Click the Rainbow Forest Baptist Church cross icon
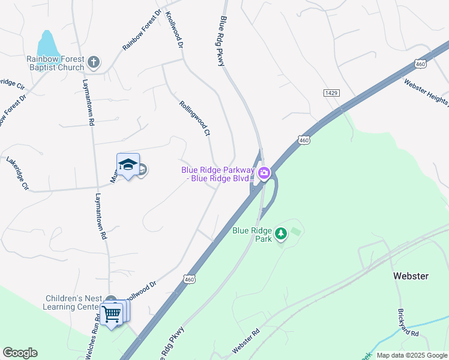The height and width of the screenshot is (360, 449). pyautogui.click(x=93, y=61)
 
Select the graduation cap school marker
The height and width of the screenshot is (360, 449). pyautogui.click(x=128, y=165)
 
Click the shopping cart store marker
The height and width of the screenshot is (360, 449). pyautogui.click(x=112, y=314)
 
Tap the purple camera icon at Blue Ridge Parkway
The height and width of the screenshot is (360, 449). pyautogui.click(x=264, y=174)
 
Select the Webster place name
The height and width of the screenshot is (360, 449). pyautogui.click(x=411, y=276)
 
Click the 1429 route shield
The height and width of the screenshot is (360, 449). pyautogui.click(x=331, y=92)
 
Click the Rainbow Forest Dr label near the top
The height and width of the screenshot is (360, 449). pyautogui.click(x=142, y=29)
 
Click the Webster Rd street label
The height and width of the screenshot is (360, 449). pyautogui.click(x=247, y=341)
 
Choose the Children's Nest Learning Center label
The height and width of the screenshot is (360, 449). pyautogui.click(x=72, y=302)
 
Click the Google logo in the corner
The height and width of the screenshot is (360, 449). pyautogui.click(x=20, y=353)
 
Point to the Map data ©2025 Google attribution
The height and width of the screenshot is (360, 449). pyautogui.click(x=411, y=355)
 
